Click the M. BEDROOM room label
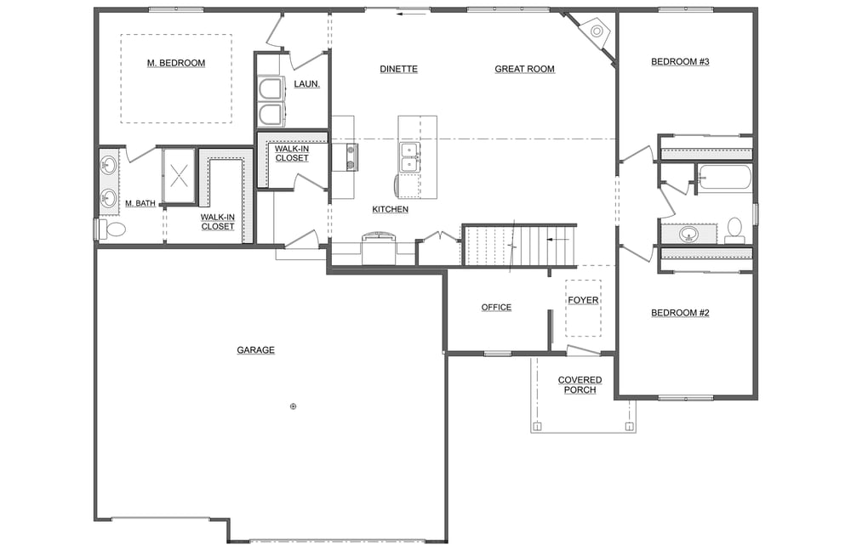(x=176, y=63)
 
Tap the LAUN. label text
(x=306, y=83)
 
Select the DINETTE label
(x=398, y=69)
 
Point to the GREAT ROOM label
(x=524, y=69)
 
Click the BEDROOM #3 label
(x=680, y=61)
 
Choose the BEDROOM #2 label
(x=680, y=313)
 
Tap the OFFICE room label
(x=496, y=307)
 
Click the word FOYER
(x=583, y=300)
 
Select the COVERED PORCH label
(x=580, y=385)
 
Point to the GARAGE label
(x=255, y=349)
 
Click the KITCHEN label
(x=390, y=209)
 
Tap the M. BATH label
(x=140, y=203)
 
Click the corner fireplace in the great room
(x=595, y=32)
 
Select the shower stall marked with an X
(x=180, y=176)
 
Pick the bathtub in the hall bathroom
(x=723, y=179)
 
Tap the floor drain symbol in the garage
(x=293, y=406)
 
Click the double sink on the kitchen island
(x=409, y=157)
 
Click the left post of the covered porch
(x=537, y=426)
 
